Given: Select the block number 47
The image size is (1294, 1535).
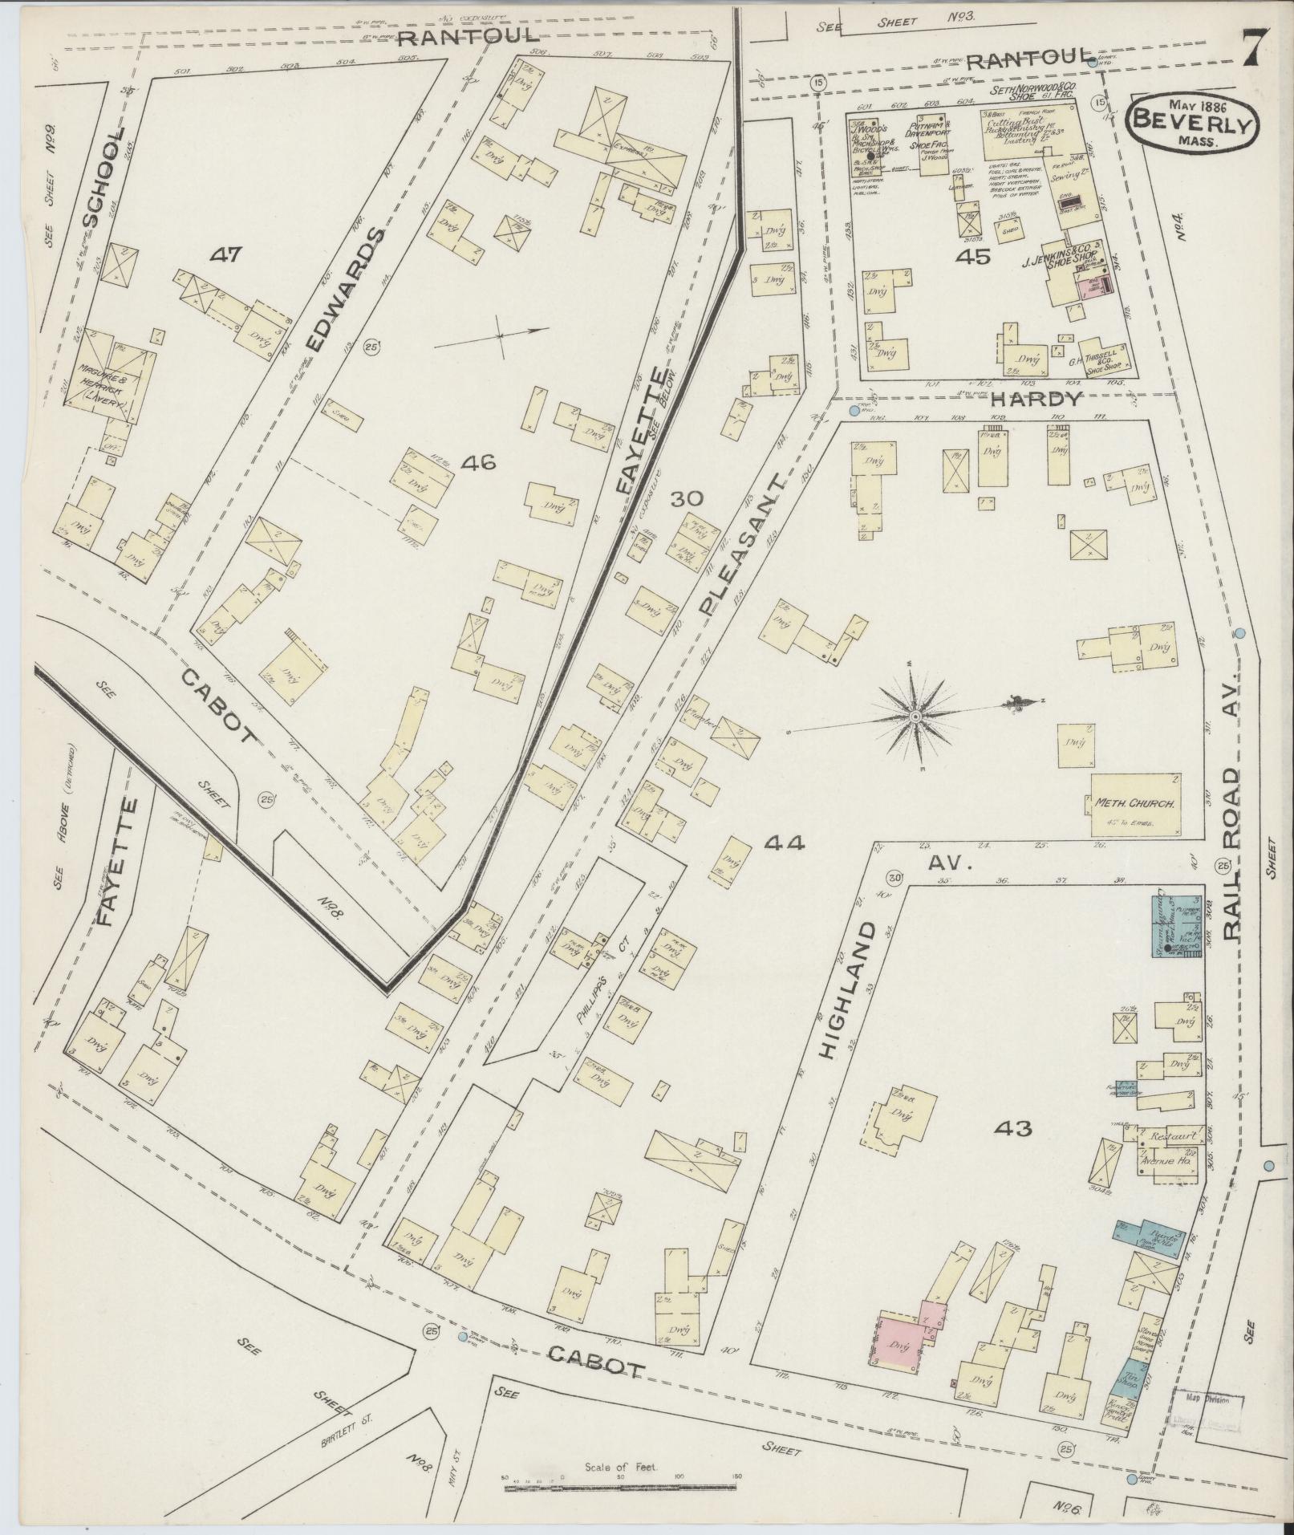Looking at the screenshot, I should [226, 255].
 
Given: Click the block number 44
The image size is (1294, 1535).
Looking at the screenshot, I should [784, 843].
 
